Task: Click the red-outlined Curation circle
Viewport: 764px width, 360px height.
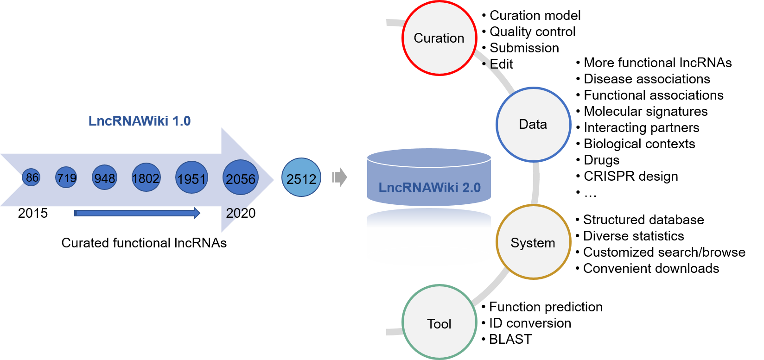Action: pyautogui.click(x=439, y=38)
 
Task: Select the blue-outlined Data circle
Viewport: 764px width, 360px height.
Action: pyautogui.click(x=533, y=125)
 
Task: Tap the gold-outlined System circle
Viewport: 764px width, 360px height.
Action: pyautogui.click(x=533, y=242)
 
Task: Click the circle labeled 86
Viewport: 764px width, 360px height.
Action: pyautogui.click(x=32, y=177)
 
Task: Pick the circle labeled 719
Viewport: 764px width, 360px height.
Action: pyautogui.click(x=66, y=178)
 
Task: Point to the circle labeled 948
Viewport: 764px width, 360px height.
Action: pyautogui.click(x=104, y=178)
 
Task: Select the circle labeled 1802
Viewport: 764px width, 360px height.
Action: pyautogui.click(x=146, y=177)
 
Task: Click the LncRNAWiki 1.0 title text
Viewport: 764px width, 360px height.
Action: pyautogui.click(x=140, y=121)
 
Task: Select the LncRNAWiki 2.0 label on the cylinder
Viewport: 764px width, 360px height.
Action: pyautogui.click(x=429, y=188)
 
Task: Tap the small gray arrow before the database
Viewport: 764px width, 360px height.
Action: pyautogui.click(x=340, y=177)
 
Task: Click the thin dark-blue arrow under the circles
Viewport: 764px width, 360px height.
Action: pyautogui.click(x=137, y=213)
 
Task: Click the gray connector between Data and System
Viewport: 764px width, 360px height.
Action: pyautogui.click(x=536, y=183)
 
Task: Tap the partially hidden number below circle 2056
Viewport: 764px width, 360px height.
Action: pyautogui.click(x=235, y=213)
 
